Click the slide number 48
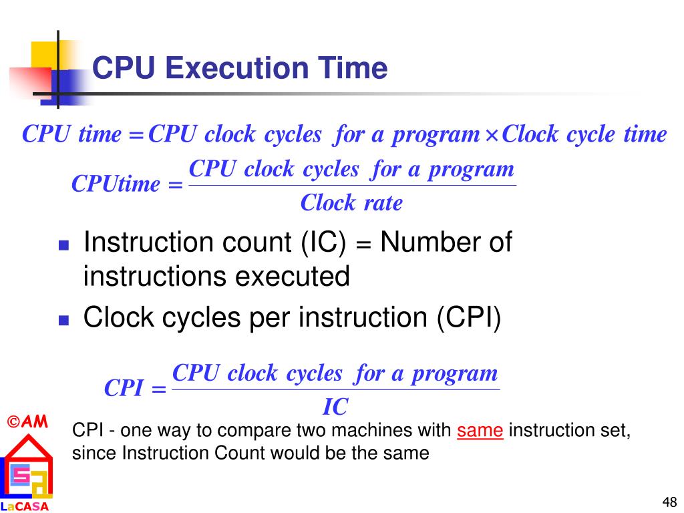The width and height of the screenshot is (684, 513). pos(669,502)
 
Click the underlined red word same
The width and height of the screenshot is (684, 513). pos(480,431)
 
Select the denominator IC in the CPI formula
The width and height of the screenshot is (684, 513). pos(336,406)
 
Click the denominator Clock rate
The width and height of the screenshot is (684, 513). pos(351,202)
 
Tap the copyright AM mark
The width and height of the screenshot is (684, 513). pos(28,421)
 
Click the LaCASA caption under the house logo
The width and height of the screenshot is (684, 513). pos(25,506)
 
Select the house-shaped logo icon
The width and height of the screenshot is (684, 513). pos(27,467)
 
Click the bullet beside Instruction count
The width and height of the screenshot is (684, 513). pos(64,245)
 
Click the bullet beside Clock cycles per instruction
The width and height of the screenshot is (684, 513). pos(64,320)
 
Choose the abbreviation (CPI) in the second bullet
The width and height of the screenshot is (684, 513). pos(469,318)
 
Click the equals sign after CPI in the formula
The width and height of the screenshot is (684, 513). pos(158,389)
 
